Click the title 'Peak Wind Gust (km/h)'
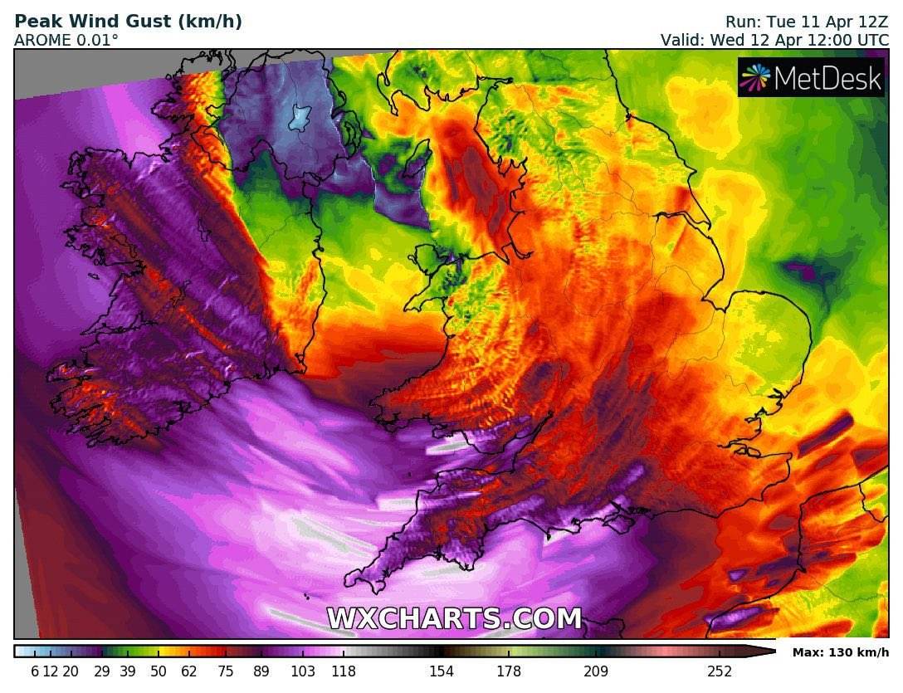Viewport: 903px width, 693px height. (129, 22)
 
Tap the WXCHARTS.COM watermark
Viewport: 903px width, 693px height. (454, 619)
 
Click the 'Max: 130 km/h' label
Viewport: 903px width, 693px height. (840, 652)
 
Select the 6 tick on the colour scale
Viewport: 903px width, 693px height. (35, 671)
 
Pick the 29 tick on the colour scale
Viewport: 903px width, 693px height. (102, 671)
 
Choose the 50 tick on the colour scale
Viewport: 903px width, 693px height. (159, 671)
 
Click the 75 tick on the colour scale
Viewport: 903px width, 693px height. (226, 671)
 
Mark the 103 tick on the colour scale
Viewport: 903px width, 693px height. (303, 671)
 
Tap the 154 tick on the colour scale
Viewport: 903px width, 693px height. (441, 671)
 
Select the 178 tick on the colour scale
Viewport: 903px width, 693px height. (509, 671)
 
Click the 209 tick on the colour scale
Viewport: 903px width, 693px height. (596, 671)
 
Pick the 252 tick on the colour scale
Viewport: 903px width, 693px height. (720, 671)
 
